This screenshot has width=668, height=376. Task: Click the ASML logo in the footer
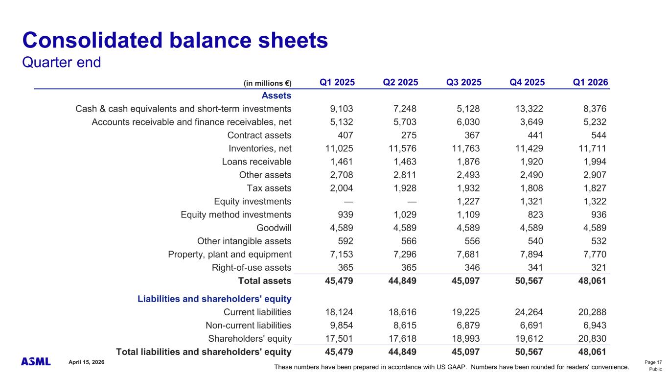(36, 361)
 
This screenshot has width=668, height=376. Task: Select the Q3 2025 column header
(464, 82)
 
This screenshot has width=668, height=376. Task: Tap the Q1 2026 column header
(591, 82)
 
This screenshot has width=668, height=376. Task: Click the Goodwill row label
(274, 228)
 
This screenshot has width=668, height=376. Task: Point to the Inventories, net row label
(260, 148)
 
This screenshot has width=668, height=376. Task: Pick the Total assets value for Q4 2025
(527, 281)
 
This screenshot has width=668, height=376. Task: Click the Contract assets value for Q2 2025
(406, 135)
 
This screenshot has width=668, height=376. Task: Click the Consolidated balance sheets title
(175, 40)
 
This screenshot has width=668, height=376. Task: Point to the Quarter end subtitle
(62, 63)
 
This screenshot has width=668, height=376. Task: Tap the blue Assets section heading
(276, 95)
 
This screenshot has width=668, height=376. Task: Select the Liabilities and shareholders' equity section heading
(214, 299)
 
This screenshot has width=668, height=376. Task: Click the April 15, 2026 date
(87, 361)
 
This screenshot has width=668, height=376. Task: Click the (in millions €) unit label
(267, 83)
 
